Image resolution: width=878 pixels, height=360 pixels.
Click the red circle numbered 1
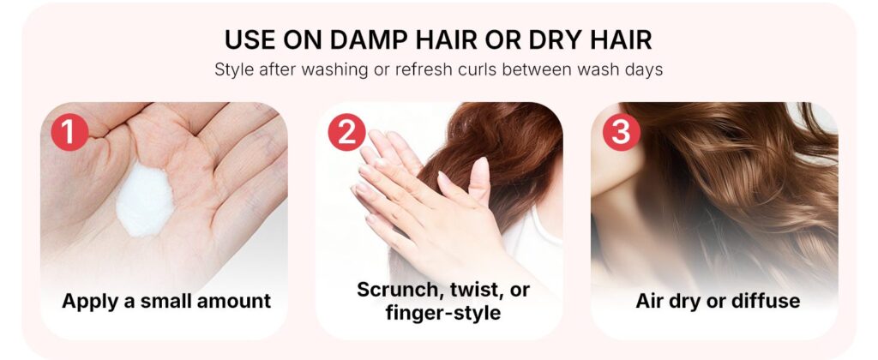pos(69,132)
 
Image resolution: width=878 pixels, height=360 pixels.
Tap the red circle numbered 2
pos(346,132)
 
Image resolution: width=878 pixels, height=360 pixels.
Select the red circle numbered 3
pos(621,132)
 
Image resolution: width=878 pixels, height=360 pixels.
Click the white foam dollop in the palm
pos(145,200)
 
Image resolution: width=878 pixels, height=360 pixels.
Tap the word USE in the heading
pos(250,39)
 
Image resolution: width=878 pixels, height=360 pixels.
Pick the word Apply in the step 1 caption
pos(90,301)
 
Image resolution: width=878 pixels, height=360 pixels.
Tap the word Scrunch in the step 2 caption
pos(398,290)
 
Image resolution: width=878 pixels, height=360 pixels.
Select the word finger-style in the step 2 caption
pos(443,312)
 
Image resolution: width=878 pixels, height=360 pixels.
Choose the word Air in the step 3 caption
pos(652,301)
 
